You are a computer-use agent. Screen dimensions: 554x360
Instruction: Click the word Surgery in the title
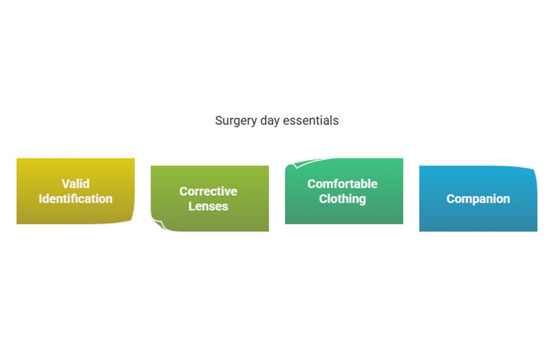click(x=236, y=121)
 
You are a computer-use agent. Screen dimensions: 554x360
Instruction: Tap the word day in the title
click(x=270, y=121)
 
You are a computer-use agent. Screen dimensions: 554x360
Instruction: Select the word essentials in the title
click(x=311, y=121)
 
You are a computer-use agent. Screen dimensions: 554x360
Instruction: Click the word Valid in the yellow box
click(x=75, y=184)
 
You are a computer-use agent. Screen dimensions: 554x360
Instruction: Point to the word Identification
click(x=75, y=199)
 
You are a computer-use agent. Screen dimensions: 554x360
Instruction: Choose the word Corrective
click(x=208, y=191)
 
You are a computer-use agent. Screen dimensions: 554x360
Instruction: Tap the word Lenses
click(x=208, y=207)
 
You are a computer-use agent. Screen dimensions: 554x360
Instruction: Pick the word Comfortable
click(x=342, y=184)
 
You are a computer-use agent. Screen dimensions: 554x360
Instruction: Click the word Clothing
click(x=342, y=199)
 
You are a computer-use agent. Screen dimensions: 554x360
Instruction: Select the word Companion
click(x=478, y=199)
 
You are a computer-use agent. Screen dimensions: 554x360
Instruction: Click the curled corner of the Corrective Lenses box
click(x=158, y=225)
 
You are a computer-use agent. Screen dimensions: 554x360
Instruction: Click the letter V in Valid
click(x=66, y=184)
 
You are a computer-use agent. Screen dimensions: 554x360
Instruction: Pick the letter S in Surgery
click(x=219, y=121)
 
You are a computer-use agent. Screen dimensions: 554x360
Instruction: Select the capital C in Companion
click(x=450, y=199)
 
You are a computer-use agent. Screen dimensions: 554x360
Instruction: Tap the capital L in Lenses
click(x=192, y=207)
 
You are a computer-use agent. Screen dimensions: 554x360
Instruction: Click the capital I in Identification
click(x=40, y=199)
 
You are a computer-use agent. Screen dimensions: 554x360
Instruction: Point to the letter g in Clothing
click(x=362, y=200)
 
